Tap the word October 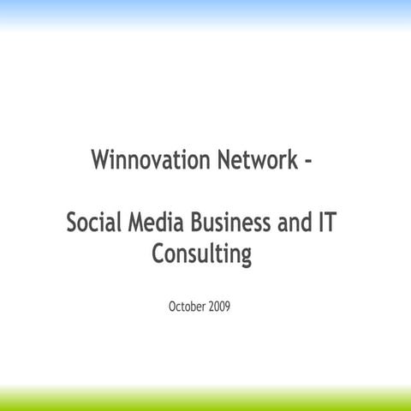click(x=188, y=306)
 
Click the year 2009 click(x=219, y=306)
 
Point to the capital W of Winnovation click(x=99, y=160)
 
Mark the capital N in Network click(x=218, y=160)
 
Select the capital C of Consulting click(x=158, y=254)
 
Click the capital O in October click(x=174, y=306)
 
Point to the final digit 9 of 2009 click(x=227, y=306)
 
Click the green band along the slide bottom click(x=205, y=401)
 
